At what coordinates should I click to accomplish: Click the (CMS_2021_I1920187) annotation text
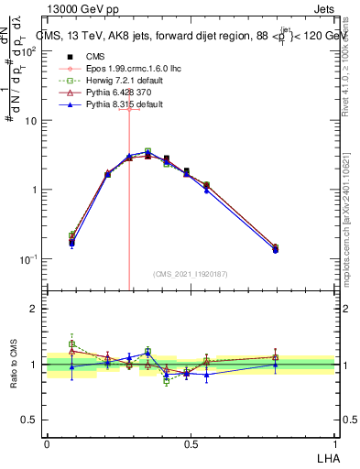pos(191,273)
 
